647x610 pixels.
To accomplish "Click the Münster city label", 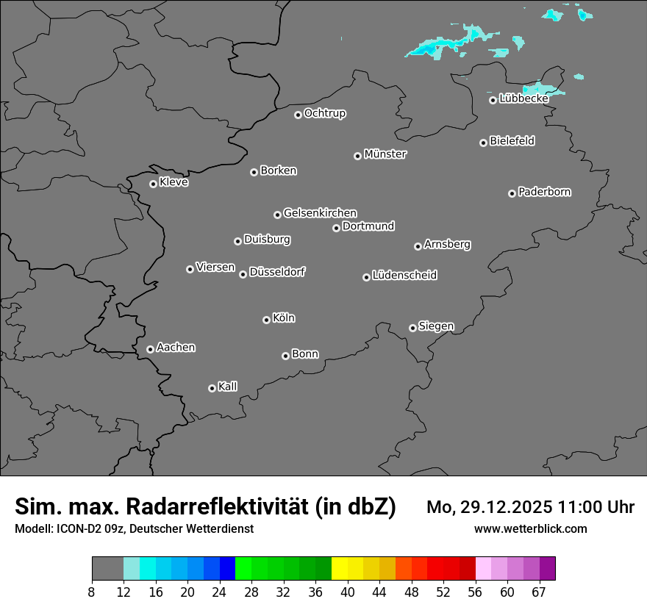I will [385, 154].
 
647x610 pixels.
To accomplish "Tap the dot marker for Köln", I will [266, 320].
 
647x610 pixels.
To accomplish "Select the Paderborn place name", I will [545, 192].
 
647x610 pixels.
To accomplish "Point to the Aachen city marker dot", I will [150, 349].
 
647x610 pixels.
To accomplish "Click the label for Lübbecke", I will [523, 98].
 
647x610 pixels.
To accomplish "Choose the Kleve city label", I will [174, 182].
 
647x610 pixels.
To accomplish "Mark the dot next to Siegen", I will [412, 328].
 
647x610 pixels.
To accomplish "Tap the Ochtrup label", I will [325, 113].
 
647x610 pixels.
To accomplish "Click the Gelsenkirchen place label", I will [320, 213].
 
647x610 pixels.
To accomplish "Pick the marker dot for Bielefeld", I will [483, 143].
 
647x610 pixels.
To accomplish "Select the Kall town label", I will [228, 387].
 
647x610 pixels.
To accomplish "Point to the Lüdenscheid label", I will [404, 276].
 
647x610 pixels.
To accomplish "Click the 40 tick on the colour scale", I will [348, 592].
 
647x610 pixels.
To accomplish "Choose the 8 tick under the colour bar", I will [92, 592].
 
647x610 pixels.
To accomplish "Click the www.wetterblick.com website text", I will [530, 528].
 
